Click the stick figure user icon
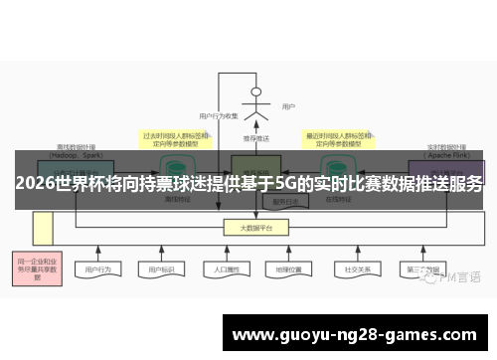pos(256,103)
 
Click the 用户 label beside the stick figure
pos(288,106)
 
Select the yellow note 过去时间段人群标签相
pos(175,139)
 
